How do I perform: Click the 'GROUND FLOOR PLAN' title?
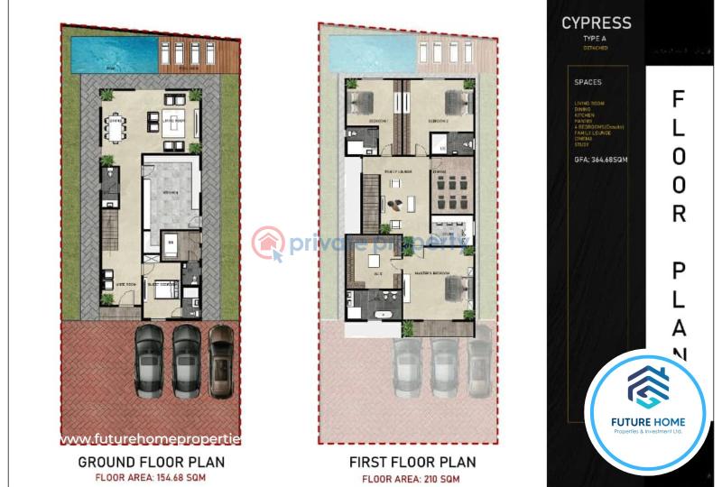150,463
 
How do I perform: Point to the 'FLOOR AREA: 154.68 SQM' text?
150,478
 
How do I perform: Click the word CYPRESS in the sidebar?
596,23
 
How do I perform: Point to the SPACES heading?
588,82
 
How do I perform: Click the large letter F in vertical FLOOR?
679,99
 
